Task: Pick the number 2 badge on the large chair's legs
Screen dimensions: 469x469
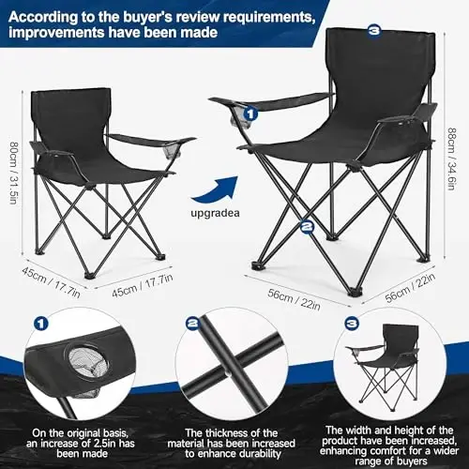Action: (x=306, y=225)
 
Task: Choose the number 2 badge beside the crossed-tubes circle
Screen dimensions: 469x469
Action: (x=192, y=323)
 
